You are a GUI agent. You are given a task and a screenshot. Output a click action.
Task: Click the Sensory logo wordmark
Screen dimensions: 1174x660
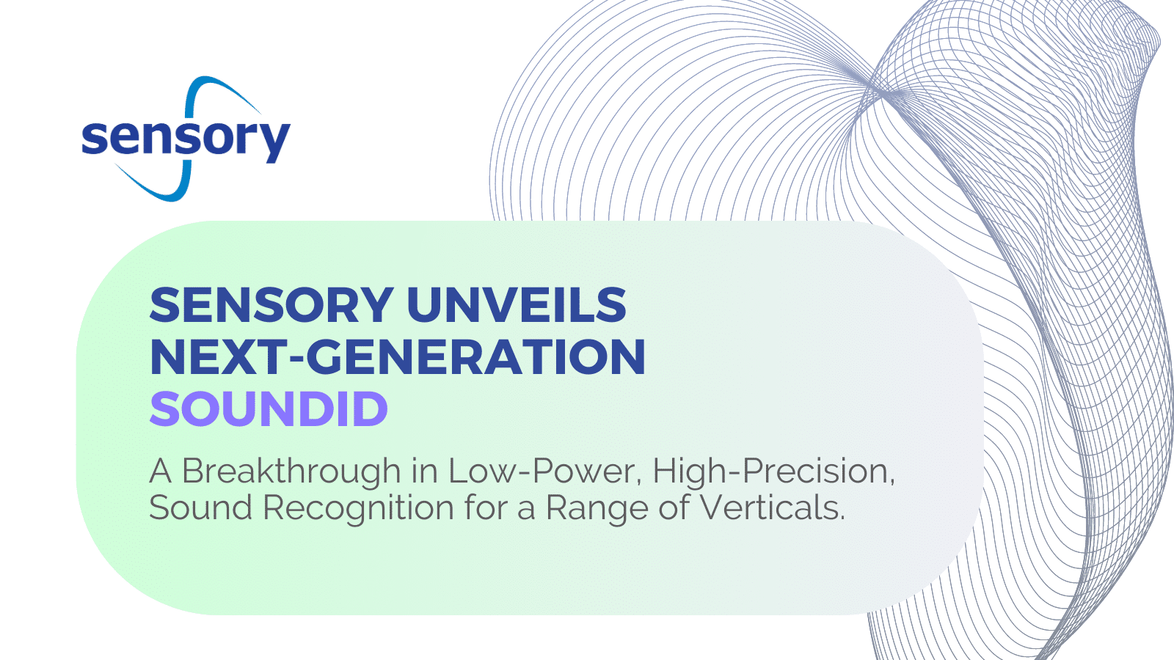click(x=186, y=139)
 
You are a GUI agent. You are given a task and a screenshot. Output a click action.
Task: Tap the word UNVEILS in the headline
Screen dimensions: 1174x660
click(x=517, y=305)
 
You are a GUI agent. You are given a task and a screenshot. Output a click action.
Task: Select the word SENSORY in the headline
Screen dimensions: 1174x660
click(x=271, y=305)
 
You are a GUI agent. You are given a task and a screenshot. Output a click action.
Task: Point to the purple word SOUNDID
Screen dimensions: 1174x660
click(x=269, y=408)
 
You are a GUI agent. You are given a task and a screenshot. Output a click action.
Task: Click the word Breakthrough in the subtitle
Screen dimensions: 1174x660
click(x=291, y=472)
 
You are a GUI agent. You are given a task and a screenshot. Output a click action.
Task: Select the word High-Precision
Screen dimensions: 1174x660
click(x=773, y=472)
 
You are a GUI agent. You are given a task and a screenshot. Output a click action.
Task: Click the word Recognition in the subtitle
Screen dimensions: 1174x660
click(x=359, y=508)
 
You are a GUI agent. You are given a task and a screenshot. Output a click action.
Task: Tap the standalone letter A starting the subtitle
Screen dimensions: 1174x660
click(x=161, y=471)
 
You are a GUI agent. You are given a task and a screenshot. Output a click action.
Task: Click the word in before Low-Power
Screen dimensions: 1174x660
click(x=425, y=471)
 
